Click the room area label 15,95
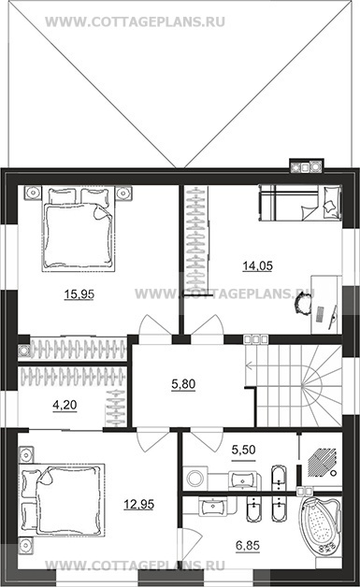pyautogui.click(x=79, y=294)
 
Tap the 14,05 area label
pyautogui.click(x=258, y=265)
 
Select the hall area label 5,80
pyautogui.click(x=183, y=384)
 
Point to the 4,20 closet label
pyautogui.click(x=65, y=405)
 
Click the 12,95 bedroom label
pyautogui.click(x=139, y=504)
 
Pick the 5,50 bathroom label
pyautogui.click(x=243, y=450)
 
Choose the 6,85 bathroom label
pyautogui.click(x=248, y=546)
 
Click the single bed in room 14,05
pyautogui.click(x=300, y=202)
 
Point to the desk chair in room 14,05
pyautogui.click(x=304, y=304)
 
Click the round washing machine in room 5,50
pyautogui.click(x=194, y=478)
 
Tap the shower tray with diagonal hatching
pyautogui.click(x=322, y=463)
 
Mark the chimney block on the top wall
pyautogui.click(x=306, y=166)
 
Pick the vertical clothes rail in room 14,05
pyautogui.click(x=196, y=241)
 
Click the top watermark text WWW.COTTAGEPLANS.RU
pyautogui.click(x=135, y=21)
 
